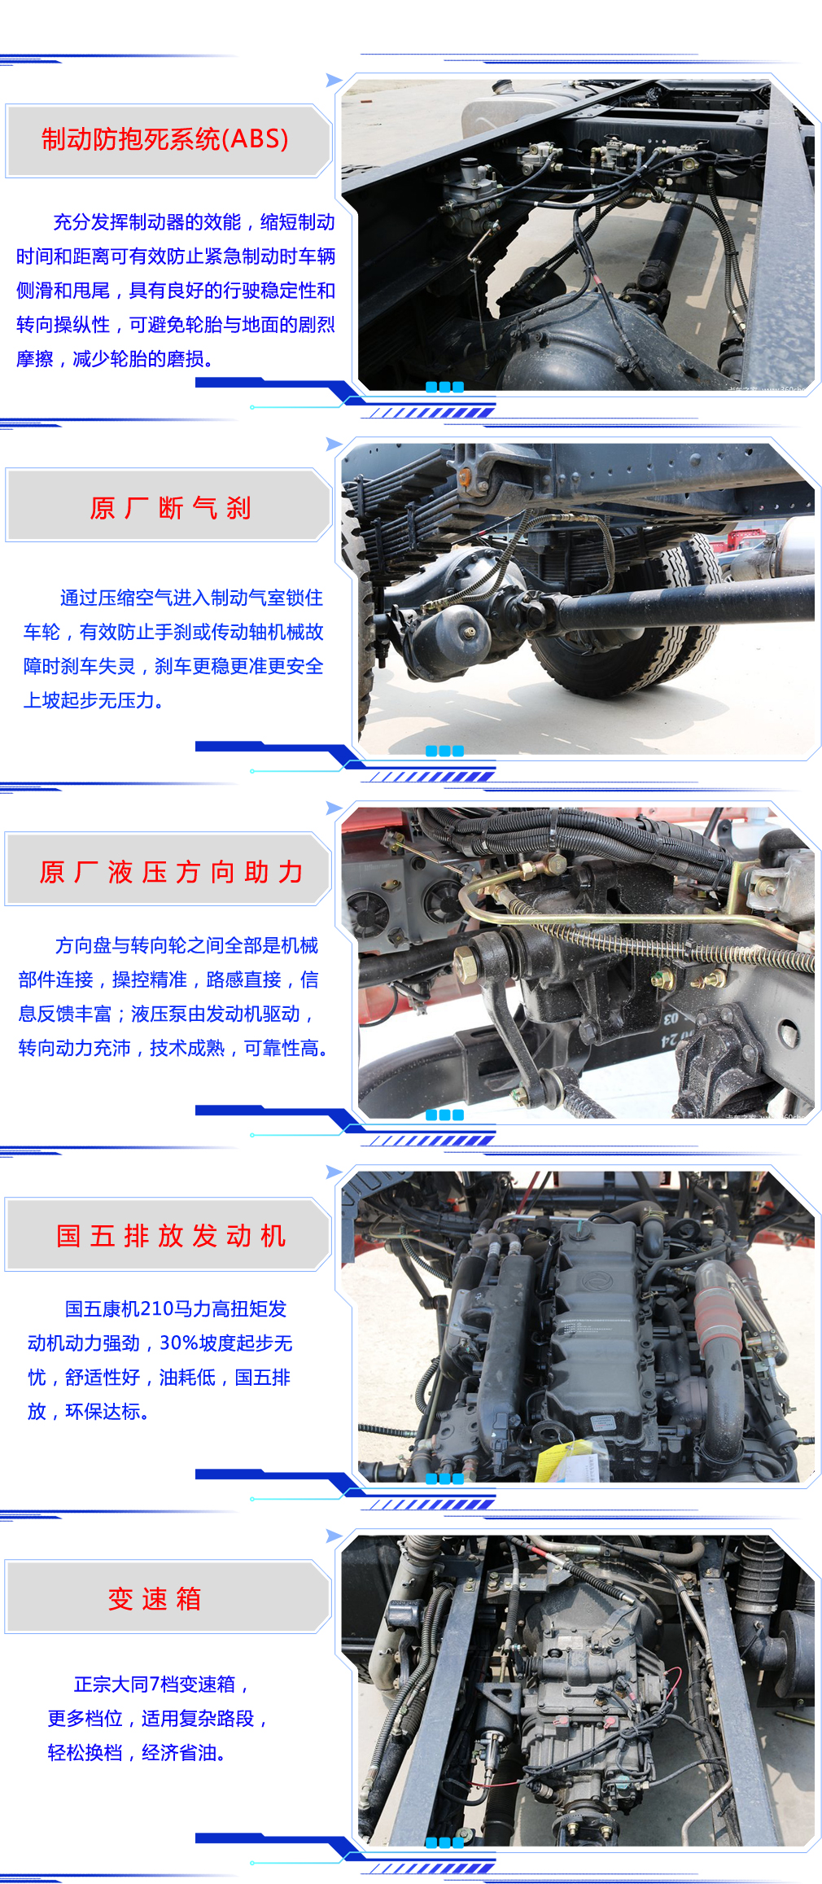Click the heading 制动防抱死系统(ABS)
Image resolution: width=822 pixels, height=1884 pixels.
(x=165, y=139)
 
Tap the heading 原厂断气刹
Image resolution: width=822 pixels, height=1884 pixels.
(x=170, y=508)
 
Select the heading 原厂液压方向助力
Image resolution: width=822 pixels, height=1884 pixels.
(x=171, y=872)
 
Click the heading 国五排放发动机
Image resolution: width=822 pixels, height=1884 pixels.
(x=171, y=1235)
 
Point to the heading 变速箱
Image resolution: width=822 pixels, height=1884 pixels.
(x=155, y=1598)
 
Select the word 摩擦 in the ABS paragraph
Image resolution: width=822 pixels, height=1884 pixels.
(x=35, y=359)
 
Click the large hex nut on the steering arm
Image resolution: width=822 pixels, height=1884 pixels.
(x=466, y=966)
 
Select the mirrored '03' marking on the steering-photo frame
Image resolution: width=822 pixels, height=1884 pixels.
(x=670, y=1018)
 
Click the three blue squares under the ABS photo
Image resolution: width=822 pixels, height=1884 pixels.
(x=444, y=388)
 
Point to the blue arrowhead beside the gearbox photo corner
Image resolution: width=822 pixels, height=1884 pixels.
(x=333, y=1536)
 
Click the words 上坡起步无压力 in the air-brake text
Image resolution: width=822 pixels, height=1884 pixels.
(x=89, y=700)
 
